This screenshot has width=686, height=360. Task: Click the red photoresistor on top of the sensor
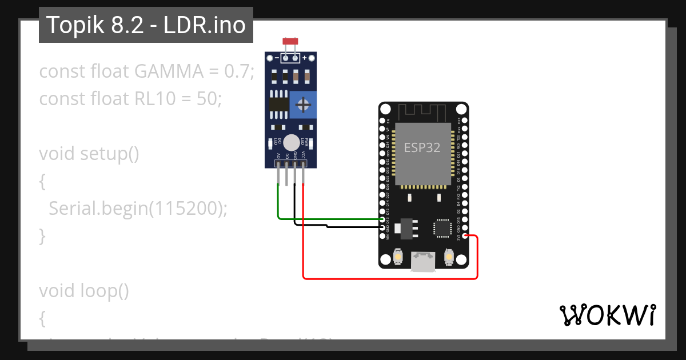290,42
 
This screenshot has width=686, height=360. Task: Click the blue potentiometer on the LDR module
304,105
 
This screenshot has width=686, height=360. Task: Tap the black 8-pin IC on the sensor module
278,104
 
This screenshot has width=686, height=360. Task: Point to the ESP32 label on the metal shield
422,147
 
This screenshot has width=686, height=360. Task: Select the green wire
320,218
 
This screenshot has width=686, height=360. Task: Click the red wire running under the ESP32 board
389,279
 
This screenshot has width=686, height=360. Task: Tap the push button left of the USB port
397,258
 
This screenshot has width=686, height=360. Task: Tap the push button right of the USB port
448,258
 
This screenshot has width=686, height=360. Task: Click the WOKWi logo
607,315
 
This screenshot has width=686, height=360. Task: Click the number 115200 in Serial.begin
186,209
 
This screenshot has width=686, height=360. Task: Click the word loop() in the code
105,291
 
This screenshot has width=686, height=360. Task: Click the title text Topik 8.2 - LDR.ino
146,25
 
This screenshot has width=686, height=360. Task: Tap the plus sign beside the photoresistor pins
305,58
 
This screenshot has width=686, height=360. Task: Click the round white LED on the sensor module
292,142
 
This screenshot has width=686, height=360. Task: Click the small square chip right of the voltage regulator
443,227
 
